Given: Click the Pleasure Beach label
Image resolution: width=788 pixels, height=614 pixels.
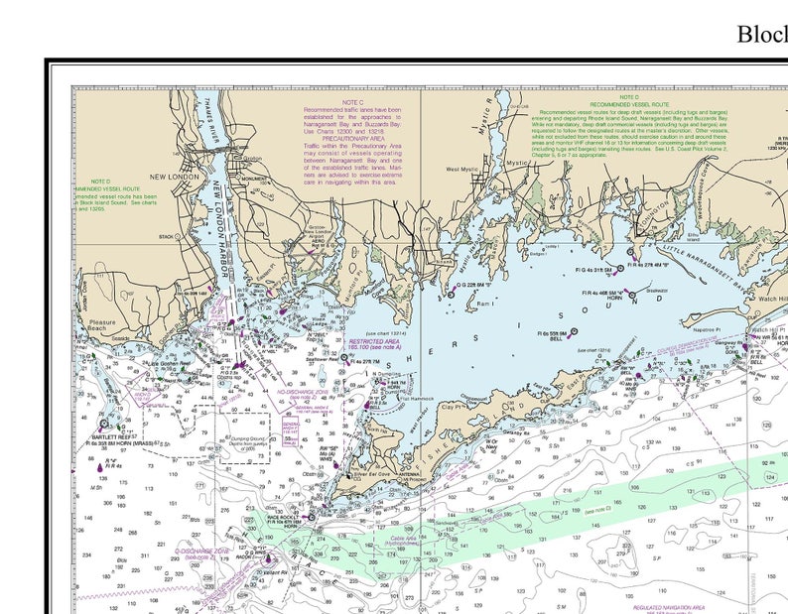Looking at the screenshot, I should pos(102,325).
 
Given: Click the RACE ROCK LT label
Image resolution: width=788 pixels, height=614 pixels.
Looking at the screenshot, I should pos(283,517).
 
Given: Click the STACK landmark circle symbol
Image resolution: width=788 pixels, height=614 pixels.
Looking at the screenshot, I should pos(181,236).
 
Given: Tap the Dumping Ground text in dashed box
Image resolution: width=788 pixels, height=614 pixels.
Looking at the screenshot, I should pos(245,440).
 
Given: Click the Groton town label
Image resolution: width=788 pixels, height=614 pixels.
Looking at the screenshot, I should pos(252,159).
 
